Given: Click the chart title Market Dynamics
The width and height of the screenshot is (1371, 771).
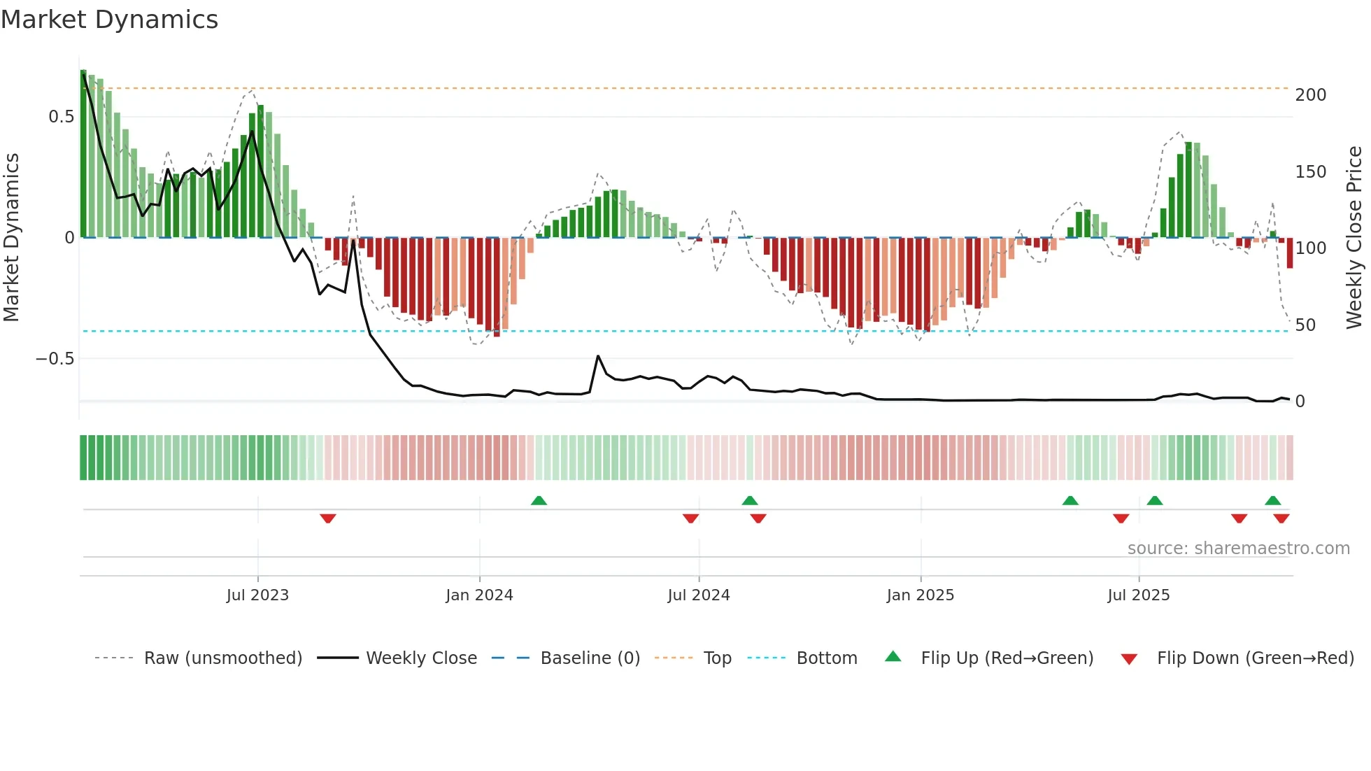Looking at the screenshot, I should tap(109, 20).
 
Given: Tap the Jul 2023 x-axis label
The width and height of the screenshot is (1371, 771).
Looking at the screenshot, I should tap(257, 595).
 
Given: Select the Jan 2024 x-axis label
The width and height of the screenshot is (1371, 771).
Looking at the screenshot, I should tap(479, 595).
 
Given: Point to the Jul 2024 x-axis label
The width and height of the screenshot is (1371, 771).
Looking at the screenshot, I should tap(698, 595).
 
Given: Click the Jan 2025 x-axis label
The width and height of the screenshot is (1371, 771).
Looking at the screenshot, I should tap(920, 595).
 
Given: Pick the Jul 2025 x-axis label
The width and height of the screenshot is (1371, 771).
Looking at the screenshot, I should tap(1138, 595).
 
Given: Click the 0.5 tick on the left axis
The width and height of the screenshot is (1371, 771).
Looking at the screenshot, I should tap(62, 117).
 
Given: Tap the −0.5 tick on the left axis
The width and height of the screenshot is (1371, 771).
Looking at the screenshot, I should tap(55, 359).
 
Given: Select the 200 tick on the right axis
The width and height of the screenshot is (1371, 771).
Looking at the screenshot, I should tap(1310, 95).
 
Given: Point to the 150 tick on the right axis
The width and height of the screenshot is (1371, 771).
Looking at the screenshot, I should tap(1310, 172).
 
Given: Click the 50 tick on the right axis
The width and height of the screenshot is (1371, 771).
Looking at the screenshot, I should tap(1305, 325).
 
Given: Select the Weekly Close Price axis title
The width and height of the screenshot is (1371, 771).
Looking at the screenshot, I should tap(1354, 238).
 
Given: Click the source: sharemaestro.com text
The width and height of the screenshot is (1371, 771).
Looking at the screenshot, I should tap(1238, 549).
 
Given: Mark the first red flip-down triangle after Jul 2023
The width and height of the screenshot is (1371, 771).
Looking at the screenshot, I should tap(328, 518).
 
